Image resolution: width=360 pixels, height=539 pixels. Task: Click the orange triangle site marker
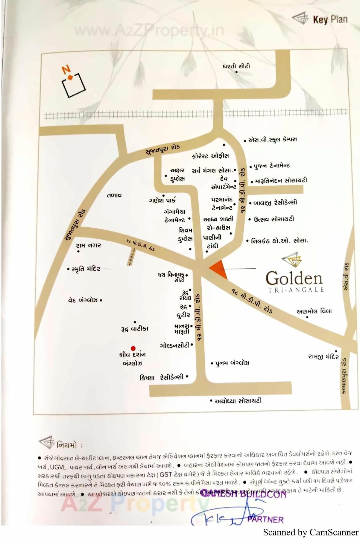tap(219, 269)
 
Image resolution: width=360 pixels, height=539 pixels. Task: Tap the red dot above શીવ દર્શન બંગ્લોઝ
tap(133, 348)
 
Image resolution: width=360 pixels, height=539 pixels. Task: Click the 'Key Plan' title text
tap(330, 20)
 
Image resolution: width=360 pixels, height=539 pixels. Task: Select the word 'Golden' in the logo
tap(294, 278)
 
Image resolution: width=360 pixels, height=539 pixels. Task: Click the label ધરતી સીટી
tap(236, 66)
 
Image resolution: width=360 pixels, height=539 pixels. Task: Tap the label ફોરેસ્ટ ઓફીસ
tap(210, 156)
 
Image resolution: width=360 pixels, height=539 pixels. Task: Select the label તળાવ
tap(114, 195)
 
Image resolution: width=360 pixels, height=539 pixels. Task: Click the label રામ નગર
tap(88, 246)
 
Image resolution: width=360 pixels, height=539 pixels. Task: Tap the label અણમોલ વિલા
tap(314, 311)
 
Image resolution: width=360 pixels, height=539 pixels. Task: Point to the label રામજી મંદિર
tap(323, 357)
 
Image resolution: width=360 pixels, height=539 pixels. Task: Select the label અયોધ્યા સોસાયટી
tap(238, 401)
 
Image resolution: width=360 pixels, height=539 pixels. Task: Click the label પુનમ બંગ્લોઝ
tap(232, 363)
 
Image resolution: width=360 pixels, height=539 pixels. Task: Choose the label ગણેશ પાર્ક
tap(162, 200)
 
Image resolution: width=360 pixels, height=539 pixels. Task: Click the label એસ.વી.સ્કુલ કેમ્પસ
tap(272, 139)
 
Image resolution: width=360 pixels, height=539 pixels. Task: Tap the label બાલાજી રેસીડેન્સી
tap(275, 202)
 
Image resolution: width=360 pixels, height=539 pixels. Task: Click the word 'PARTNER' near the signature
tap(265, 520)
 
